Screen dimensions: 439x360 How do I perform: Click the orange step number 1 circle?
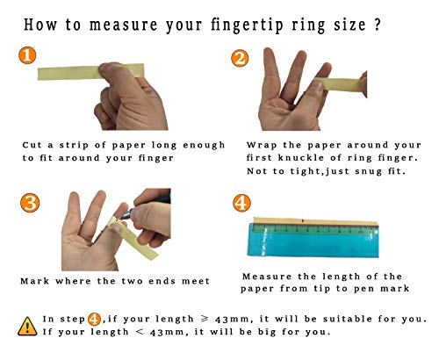pos(27,55)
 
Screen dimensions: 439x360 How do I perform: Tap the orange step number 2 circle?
pos(240,58)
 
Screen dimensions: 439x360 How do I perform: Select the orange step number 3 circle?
pos(30,203)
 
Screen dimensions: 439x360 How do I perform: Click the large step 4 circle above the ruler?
pos(241,203)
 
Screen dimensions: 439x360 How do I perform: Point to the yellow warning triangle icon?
pos(27,327)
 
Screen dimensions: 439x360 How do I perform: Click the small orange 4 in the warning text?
pos(94,319)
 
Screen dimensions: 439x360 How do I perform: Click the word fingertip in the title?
pos(247,25)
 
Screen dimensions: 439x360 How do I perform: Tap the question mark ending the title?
pos(377,25)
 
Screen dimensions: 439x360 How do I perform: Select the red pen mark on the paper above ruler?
pos(302,220)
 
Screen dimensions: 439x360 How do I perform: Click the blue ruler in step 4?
pos(313,240)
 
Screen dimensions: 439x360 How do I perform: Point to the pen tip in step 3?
pos(119,218)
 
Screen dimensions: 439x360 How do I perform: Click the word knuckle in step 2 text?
pos(301,158)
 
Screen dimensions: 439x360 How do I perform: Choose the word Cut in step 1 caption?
pos(32,145)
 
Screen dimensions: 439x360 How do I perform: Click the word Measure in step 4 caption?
pos(267,277)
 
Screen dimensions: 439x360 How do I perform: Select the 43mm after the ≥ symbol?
pos(232,320)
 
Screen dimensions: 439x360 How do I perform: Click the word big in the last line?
pos(267,332)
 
